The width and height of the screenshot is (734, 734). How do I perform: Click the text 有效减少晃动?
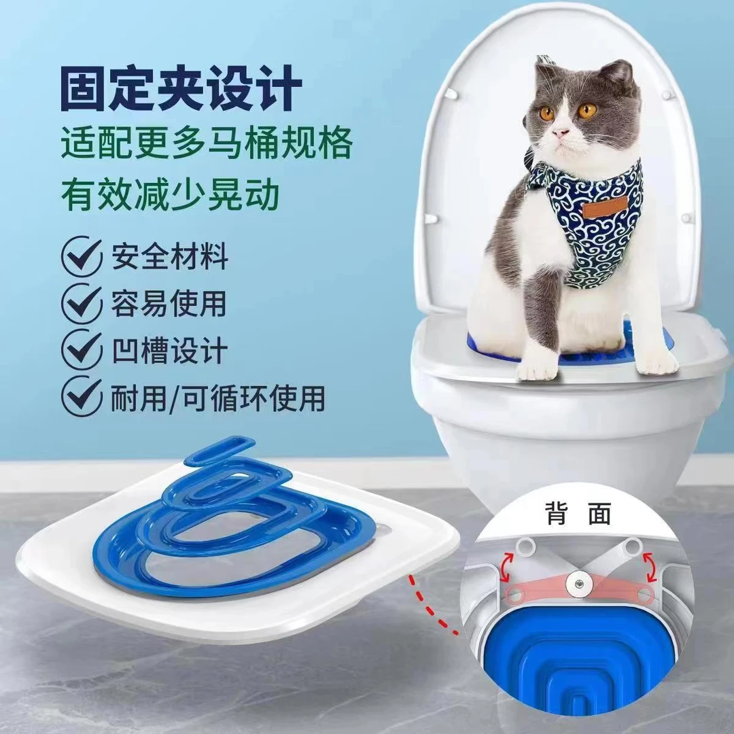click(x=170, y=194)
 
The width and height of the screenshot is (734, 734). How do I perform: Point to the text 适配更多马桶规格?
click(x=207, y=144)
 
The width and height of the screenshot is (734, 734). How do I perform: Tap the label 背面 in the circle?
click(x=577, y=513)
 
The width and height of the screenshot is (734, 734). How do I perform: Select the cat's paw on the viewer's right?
click(x=655, y=363)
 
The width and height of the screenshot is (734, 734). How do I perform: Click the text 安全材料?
click(x=170, y=258)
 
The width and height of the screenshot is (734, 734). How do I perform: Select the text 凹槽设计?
click(x=170, y=350)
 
